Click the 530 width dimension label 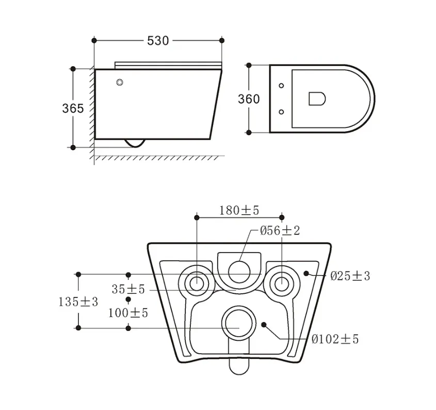pos(158,41)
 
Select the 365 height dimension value pos(73,108)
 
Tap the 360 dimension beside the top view pos(249,99)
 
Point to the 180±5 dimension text pos(239,211)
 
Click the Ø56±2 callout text pos(280,230)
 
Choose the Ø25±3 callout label pos(350,276)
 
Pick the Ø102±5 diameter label pos(335,339)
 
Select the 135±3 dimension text pos(78,302)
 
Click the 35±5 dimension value pos(128,289)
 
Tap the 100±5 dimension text pos(128,313)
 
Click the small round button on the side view pos(120,83)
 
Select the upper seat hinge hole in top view pos(281,85)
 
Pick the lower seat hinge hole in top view pos(281,112)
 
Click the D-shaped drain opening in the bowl pos(317,99)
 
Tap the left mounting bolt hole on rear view pos(197,283)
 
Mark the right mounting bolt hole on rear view pos(282,283)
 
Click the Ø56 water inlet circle pos(239,272)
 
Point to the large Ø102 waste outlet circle pos(239,323)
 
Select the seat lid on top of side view pos(168,66)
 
